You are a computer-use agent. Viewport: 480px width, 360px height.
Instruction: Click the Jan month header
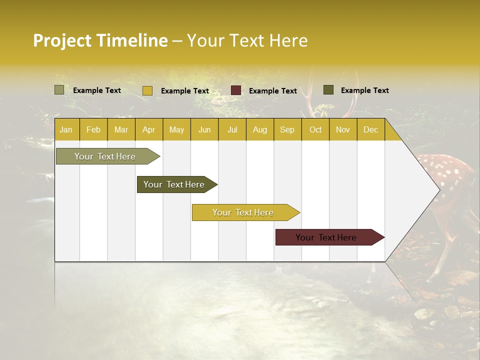pyautogui.click(x=66, y=130)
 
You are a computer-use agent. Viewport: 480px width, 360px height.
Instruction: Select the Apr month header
pyautogui.click(x=148, y=130)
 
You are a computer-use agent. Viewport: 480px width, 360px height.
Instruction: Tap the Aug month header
pyautogui.click(x=259, y=130)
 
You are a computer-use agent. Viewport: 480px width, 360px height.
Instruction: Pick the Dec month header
pyautogui.click(x=370, y=130)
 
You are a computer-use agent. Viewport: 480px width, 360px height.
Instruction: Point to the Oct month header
pyautogui.click(x=315, y=130)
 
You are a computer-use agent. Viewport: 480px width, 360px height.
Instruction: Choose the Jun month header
pyautogui.click(x=204, y=130)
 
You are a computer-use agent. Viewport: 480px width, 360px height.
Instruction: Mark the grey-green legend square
pyautogui.click(x=59, y=90)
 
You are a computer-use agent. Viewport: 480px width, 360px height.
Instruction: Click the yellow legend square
pyautogui.click(x=147, y=90)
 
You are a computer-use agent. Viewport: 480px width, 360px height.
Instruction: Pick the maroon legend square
pyautogui.click(x=235, y=90)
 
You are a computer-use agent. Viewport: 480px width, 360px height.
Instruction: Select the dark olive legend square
pyautogui.click(x=328, y=90)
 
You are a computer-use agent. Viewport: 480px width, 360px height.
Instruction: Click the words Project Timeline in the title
pyautogui.click(x=100, y=40)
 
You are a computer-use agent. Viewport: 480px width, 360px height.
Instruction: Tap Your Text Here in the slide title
pyautogui.click(x=247, y=40)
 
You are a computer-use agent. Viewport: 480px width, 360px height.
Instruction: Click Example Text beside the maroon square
pyautogui.click(x=272, y=91)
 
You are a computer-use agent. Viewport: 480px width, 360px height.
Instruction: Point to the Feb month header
pyautogui.click(x=93, y=130)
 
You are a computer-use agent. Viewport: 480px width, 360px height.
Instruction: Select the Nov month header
pyautogui.click(x=342, y=130)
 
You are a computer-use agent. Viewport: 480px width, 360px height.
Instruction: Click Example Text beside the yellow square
pyautogui.click(x=184, y=91)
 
